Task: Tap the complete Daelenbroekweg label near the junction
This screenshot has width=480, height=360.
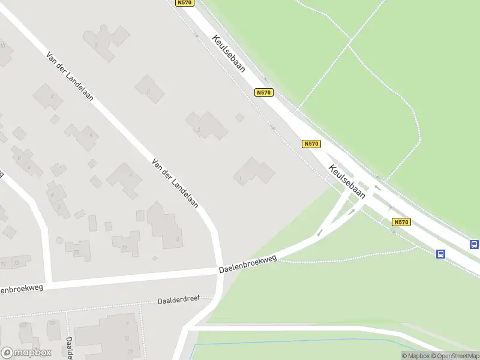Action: pyautogui.click(x=247, y=265)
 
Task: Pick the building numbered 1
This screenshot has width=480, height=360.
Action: pyautogui.click(x=253, y=172)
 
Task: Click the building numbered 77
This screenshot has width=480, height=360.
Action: pyautogui.click(x=126, y=243)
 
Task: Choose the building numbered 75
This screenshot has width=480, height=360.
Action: pyautogui.click(x=78, y=250)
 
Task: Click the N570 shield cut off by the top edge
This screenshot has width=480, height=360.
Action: pyautogui.click(x=184, y=3)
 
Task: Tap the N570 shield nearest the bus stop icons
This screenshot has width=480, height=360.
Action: pyautogui.click(x=401, y=222)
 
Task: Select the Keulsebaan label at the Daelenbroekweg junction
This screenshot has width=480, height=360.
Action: pyautogui.click(x=347, y=181)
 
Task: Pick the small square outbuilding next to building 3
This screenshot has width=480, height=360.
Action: pyautogui.click(x=239, y=117)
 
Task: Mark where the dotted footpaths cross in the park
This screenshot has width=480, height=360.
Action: pyautogui.click(x=350, y=41)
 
